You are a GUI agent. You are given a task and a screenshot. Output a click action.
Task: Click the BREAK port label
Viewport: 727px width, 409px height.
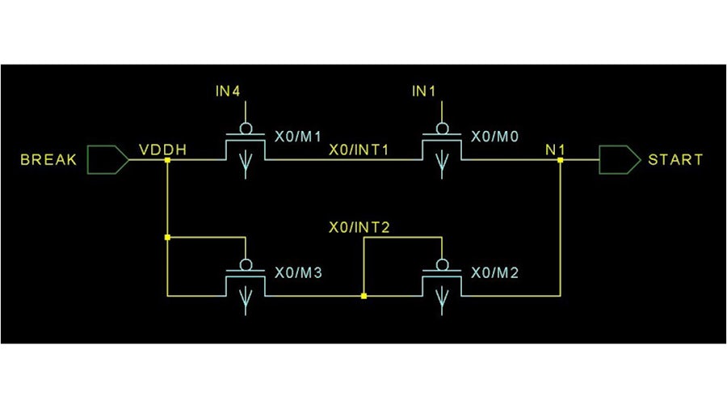coord(48,160)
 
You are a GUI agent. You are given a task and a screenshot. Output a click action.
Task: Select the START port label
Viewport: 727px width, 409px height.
coord(675,160)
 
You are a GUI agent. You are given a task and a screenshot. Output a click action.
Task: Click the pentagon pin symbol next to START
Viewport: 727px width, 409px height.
coord(619,160)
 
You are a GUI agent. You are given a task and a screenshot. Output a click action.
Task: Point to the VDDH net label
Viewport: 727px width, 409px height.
coord(164,149)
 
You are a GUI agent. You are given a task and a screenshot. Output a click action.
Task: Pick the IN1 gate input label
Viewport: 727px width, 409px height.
coord(423,92)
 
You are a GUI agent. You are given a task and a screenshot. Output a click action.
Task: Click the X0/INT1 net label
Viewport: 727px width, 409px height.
coord(359,150)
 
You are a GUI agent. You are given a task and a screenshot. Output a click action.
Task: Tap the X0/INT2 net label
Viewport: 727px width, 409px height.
coord(359,227)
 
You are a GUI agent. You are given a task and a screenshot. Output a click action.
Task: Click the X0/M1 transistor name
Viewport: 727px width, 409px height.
coord(299,137)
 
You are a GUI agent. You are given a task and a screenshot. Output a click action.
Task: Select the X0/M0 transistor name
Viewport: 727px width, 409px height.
coord(495,137)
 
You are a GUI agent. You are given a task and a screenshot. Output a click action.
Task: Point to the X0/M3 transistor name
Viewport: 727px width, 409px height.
coord(299,273)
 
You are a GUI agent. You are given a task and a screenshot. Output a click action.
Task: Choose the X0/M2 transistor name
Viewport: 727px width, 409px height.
coord(495,273)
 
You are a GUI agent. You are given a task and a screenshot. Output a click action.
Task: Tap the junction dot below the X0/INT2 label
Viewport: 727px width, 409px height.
coord(364,297)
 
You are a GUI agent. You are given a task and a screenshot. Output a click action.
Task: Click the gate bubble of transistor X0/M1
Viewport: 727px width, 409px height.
coord(245,128)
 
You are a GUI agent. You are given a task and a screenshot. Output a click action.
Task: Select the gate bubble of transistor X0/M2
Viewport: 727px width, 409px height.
coord(442,264)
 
